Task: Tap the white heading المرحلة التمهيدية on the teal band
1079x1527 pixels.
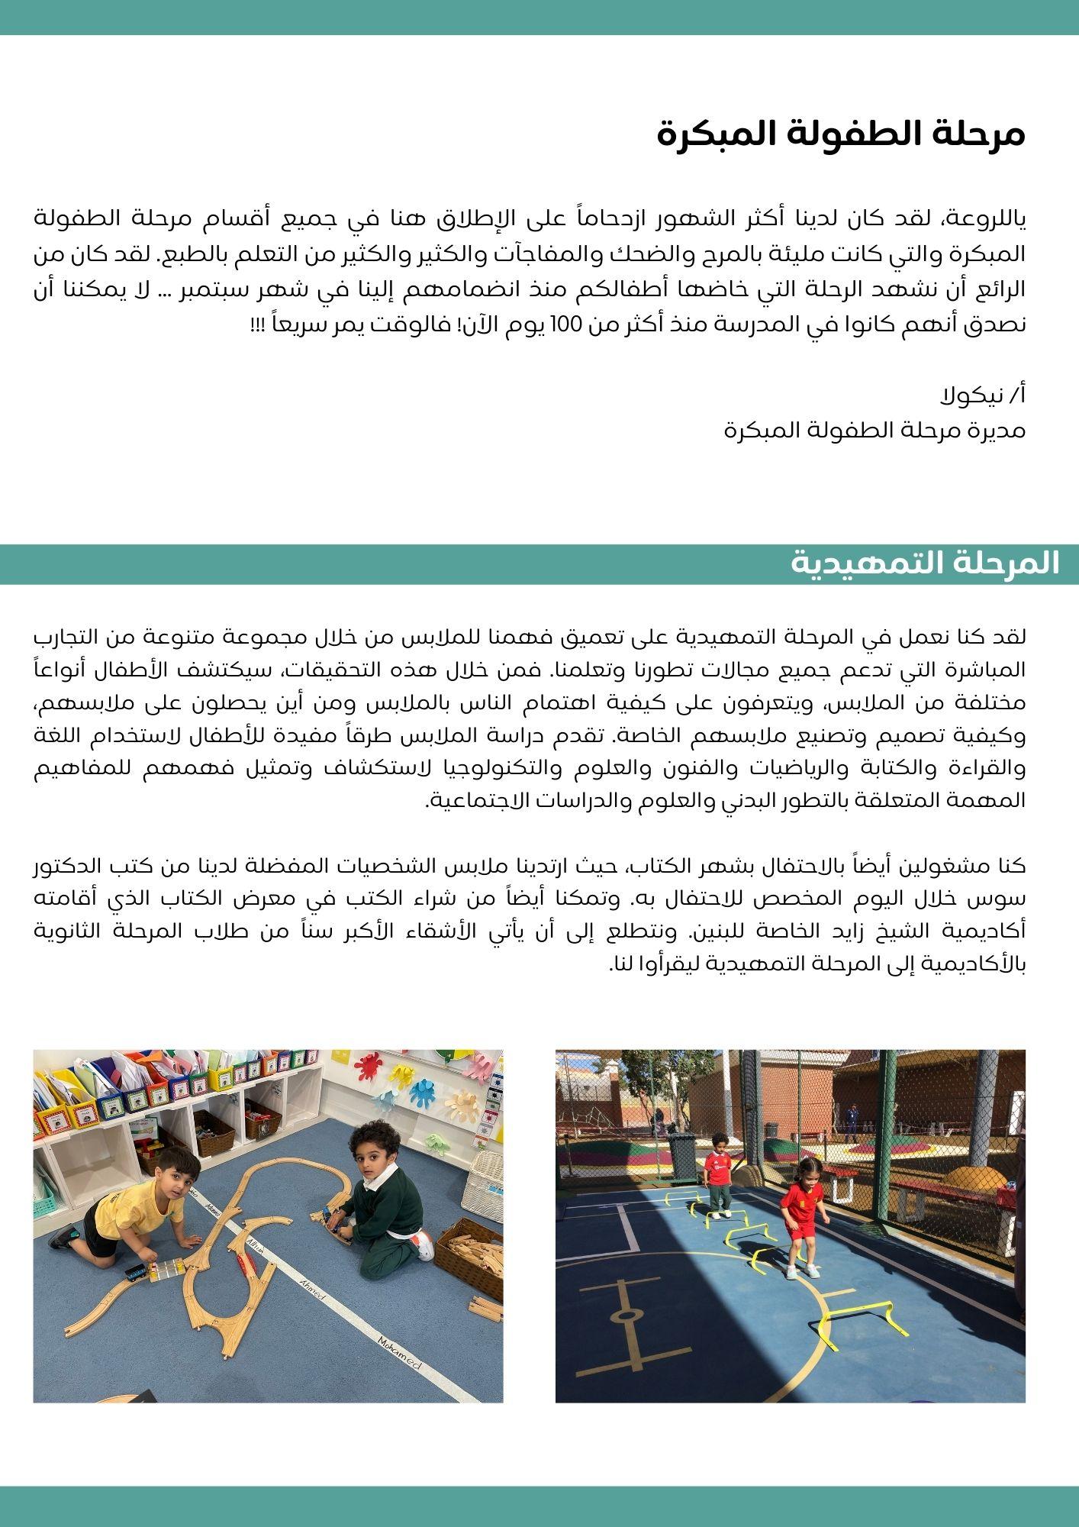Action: (x=925, y=563)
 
